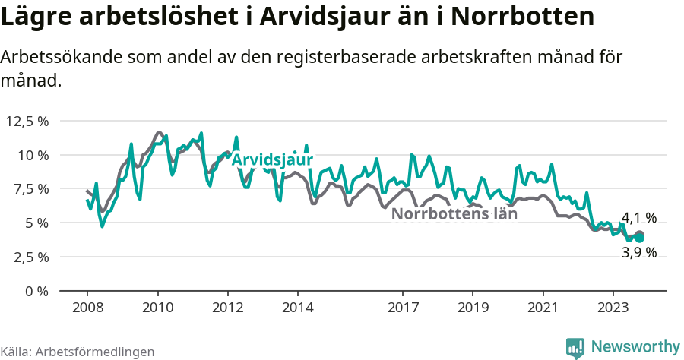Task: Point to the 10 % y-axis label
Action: (x=33, y=155)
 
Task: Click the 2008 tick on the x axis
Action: (x=87, y=308)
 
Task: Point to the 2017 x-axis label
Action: (x=403, y=308)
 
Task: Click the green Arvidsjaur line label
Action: (x=272, y=161)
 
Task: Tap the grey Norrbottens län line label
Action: (x=454, y=214)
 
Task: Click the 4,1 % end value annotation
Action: (x=639, y=219)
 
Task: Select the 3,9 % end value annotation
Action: (x=638, y=253)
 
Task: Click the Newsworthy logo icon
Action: (x=576, y=347)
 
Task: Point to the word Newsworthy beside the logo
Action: (x=635, y=346)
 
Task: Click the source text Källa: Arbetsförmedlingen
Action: (x=78, y=352)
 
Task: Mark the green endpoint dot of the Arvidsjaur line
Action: (x=640, y=238)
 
